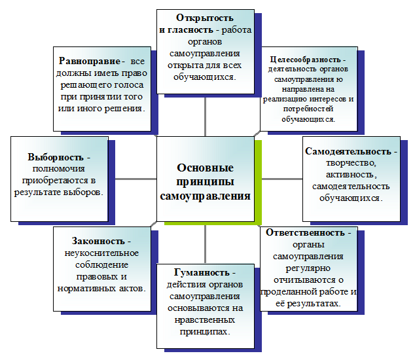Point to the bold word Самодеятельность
(x=348, y=151)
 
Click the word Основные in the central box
(x=205, y=167)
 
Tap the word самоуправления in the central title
(x=206, y=196)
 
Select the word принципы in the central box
(x=205, y=181)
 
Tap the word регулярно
(x=306, y=267)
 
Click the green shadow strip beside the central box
(x=259, y=183)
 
